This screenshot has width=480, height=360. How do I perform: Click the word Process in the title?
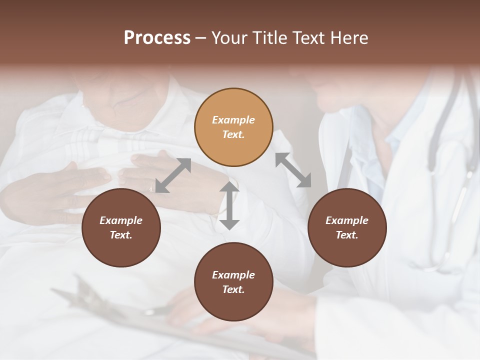click(157, 37)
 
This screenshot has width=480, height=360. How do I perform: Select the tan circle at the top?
click(233, 127)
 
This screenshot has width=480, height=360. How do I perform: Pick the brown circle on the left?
click(121, 227)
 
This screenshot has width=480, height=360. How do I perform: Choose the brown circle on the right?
click(347, 227)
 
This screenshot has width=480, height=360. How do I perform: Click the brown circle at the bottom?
click(233, 282)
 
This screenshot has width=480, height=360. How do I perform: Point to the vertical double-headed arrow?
click(229, 205)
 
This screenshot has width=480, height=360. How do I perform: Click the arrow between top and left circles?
click(173, 175)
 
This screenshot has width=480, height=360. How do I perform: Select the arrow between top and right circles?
click(293, 170)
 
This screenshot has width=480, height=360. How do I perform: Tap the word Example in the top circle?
click(233, 120)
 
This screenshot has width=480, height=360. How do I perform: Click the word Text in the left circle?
click(121, 235)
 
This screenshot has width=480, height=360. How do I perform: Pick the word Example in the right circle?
click(347, 220)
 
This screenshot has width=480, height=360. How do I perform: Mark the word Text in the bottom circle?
click(233, 289)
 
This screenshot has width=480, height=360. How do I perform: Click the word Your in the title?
click(229, 37)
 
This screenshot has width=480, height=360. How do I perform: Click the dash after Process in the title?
click(200, 38)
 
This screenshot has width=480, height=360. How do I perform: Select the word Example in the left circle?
click(121, 220)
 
